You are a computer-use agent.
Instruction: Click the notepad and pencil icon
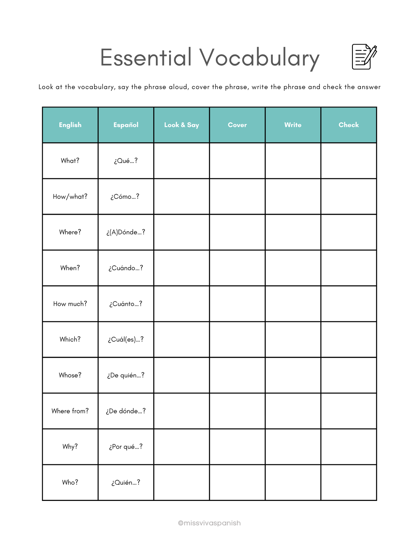point(364,57)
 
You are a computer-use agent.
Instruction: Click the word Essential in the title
point(146,57)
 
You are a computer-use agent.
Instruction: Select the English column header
point(70,125)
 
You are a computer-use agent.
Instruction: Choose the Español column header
point(126,125)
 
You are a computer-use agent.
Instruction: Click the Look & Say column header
point(182,125)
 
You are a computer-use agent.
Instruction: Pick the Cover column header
point(237,125)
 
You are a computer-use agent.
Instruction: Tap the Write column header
point(293,125)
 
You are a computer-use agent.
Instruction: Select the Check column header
point(349,125)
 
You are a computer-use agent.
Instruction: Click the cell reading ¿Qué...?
point(126,161)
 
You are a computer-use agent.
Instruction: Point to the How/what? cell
point(70,196)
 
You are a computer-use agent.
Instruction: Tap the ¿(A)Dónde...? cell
point(126,232)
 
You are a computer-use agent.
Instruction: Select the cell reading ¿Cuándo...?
point(126,268)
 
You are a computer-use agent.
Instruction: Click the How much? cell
point(70,304)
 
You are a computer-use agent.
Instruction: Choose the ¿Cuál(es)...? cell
point(126,340)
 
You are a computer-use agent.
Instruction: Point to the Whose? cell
point(70,375)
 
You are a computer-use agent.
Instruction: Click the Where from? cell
point(70,411)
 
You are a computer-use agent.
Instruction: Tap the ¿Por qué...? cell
point(126,447)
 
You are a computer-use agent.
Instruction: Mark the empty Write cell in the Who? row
point(293,482)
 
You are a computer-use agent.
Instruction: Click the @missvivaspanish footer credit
point(209,523)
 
